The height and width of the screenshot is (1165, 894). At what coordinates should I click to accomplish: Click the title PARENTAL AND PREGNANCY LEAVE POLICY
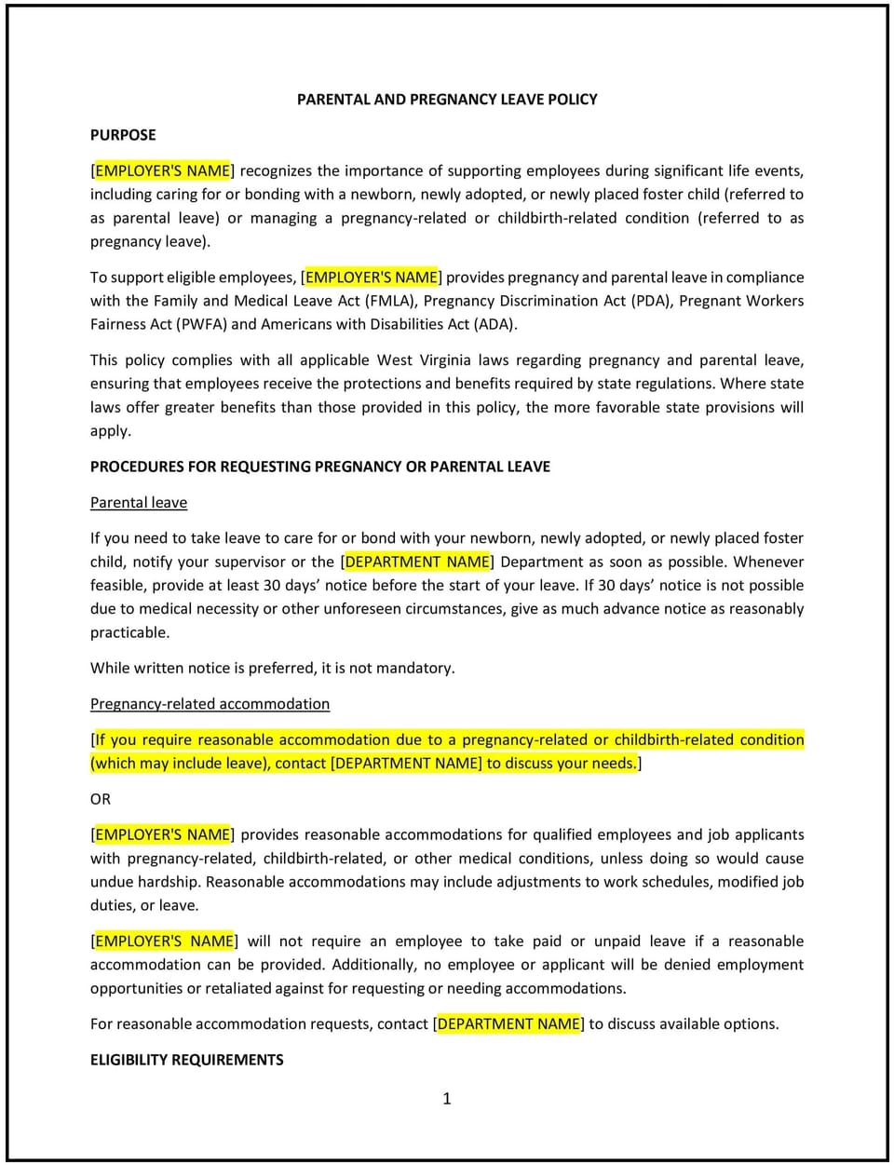tap(447, 99)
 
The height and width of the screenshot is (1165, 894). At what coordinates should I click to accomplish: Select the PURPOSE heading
tap(123, 135)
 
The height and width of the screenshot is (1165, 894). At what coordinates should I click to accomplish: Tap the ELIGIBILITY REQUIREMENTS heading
tap(186, 1060)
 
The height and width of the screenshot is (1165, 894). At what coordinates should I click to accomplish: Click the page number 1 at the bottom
tap(447, 1099)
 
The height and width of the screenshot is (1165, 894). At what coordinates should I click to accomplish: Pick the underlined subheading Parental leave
tap(139, 503)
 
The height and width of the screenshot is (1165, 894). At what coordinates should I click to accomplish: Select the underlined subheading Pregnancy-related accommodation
tap(210, 704)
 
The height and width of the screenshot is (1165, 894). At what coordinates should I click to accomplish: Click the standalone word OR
tap(101, 799)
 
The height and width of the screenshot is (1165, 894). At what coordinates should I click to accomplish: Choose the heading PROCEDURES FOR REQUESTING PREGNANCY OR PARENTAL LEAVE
tap(319, 467)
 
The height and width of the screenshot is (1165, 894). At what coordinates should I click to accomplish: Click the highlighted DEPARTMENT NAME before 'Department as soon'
tap(417, 562)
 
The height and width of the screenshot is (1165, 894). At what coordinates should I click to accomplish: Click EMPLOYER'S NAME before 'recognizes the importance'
tap(162, 171)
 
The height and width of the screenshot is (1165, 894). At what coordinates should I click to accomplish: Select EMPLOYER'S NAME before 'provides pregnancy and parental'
tap(372, 278)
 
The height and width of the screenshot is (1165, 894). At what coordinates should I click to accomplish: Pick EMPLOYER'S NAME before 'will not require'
tap(165, 941)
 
